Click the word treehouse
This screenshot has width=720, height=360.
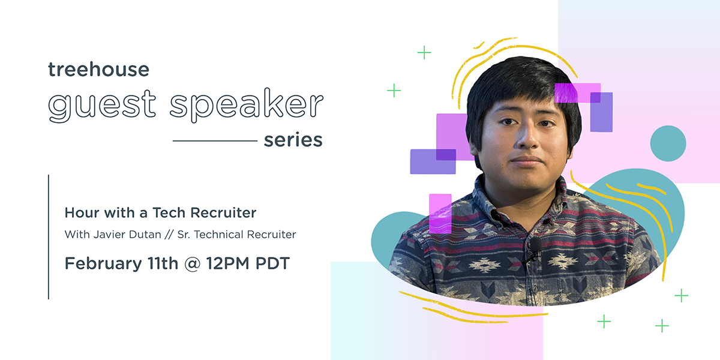(x=98, y=69)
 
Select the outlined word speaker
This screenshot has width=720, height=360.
(x=247, y=105)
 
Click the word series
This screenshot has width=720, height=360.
(x=293, y=140)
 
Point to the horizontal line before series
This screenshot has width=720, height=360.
(x=215, y=140)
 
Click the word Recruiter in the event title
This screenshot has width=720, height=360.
(x=223, y=213)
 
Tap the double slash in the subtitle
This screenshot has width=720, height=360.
(x=169, y=235)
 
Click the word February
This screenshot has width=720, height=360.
(x=103, y=263)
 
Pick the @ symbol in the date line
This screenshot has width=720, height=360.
(x=193, y=263)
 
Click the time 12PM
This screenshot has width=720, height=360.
(x=228, y=263)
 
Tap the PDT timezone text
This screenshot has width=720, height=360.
(x=272, y=263)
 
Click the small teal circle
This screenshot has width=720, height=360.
(x=668, y=143)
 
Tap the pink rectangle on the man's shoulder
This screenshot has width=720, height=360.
(x=440, y=214)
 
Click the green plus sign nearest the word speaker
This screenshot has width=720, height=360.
(x=394, y=91)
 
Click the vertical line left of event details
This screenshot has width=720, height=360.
(x=49, y=237)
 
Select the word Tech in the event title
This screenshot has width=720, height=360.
(x=169, y=213)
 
